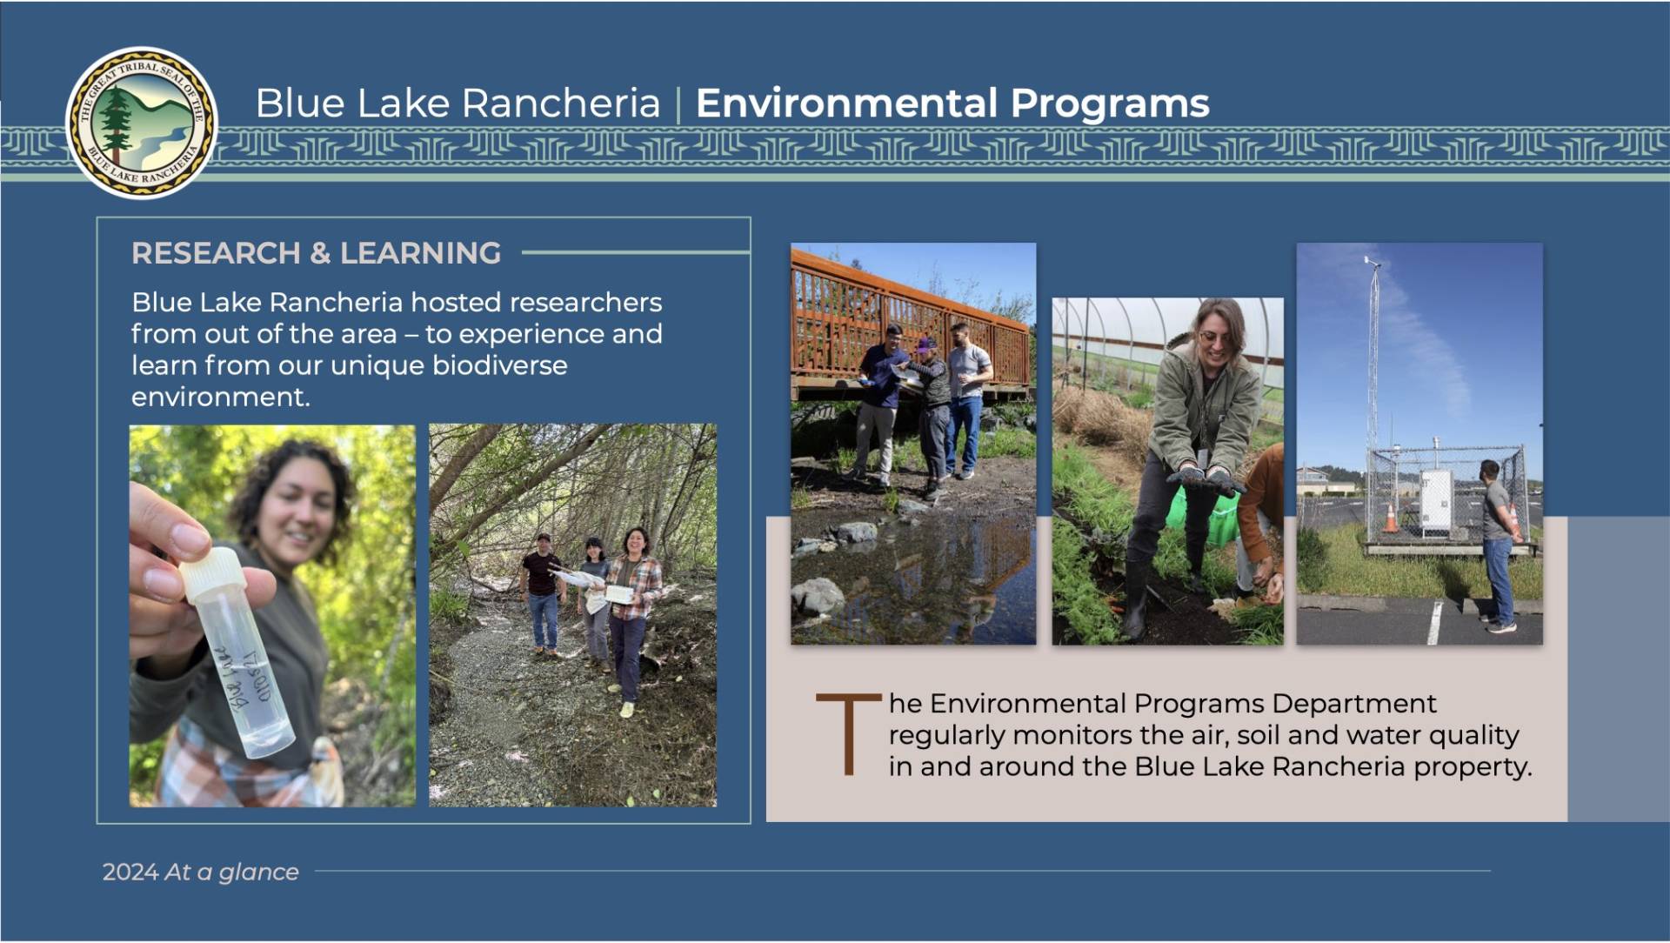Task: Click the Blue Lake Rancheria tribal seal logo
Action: click(x=142, y=122)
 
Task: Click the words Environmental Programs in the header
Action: click(x=952, y=103)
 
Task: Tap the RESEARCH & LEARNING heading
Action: click(x=316, y=253)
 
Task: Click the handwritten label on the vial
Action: click(x=243, y=683)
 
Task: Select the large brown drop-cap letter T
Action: click(x=848, y=733)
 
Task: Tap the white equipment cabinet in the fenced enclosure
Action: click(x=1436, y=502)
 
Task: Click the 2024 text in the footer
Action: click(x=130, y=872)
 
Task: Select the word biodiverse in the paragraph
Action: click(x=499, y=365)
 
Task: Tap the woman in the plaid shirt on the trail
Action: click(x=632, y=621)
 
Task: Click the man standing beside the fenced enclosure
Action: click(x=1499, y=545)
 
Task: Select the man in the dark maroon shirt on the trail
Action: click(x=542, y=594)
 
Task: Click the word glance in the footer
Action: click(x=258, y=873)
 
